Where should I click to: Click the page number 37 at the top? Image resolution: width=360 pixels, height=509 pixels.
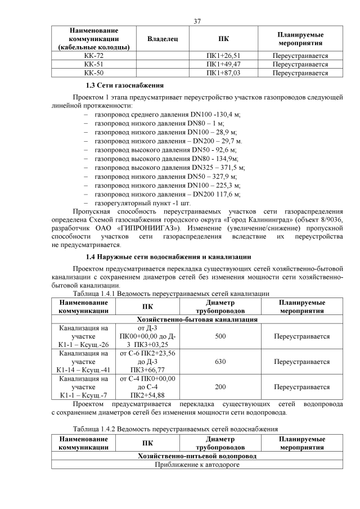(197, 21)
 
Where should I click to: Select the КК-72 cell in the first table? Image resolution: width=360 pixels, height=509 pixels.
(93, 56)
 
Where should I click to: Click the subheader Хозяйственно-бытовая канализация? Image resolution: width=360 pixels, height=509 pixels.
(197, 319)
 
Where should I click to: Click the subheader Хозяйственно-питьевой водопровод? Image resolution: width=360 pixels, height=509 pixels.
(197, 456)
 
